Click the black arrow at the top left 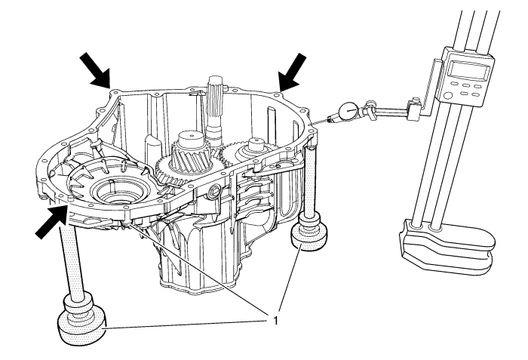click(x=94, y=72)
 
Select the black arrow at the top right click(x=294, y=70)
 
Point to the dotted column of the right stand click(x=310, y=181)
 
